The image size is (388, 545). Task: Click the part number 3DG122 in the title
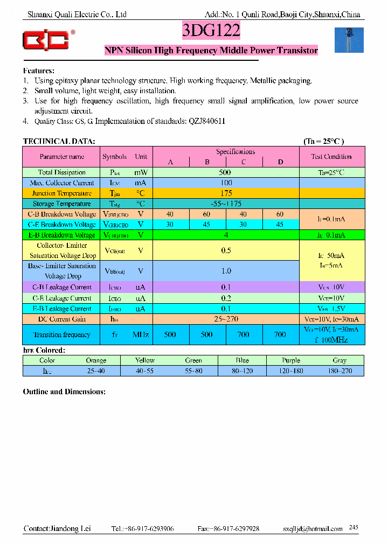click(211, 31)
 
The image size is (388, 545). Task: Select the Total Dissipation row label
click(62, 172)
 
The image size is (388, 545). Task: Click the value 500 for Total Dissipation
click(225, 172)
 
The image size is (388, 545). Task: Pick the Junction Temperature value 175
click(225, 193)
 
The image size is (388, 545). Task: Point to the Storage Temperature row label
click(62, 204)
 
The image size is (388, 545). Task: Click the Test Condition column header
click(331, 157)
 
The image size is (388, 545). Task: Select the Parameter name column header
click(62, 157)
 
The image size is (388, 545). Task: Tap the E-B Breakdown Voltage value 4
click(225, 235)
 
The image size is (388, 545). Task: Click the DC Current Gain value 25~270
click(225, 319)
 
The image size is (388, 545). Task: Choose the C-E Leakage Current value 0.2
click(225, 298)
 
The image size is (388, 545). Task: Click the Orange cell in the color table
click(96, 360)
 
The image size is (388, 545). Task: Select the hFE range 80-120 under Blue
click(242, 371)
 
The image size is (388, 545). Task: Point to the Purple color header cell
click(291, 360)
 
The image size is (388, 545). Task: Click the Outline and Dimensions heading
click(64, 392)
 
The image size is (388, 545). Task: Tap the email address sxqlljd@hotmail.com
click(313, 529)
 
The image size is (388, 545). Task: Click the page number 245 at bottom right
click(354, 527)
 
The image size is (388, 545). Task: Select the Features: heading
click(39, 71)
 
